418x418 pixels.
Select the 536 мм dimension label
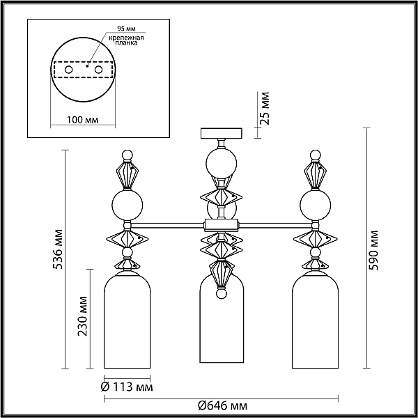[x=58, y=249]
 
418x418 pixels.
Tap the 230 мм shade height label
[x=83, y=316]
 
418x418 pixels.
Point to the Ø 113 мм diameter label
[x=127, y=387]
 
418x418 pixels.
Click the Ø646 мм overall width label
[x=223, y=406]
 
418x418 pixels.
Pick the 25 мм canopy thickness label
[x=265, y=108]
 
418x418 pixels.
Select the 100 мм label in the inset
[x=82, y=120]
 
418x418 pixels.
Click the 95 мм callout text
[x=126, y=28]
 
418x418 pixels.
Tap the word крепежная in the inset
[x=126, y=38]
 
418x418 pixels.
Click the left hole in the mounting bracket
[x=68, y=70]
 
